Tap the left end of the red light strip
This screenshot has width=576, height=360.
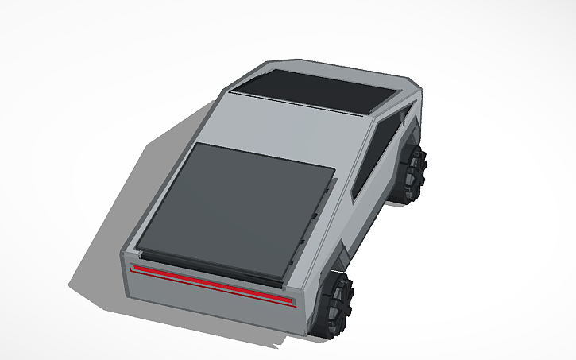point(134,269)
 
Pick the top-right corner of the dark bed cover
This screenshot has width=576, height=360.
point(334,169)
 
